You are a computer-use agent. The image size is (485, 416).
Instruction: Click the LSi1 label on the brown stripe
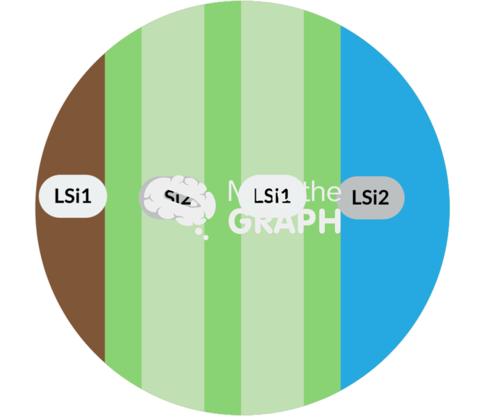tap(73, 197)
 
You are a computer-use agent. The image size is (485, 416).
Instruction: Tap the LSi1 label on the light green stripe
tap(272, 196)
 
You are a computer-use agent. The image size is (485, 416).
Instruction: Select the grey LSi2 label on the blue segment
tap(371, 198)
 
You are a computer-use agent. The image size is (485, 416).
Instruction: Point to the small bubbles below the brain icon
tap(202, 233)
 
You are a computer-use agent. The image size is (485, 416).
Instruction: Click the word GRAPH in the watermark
tap(285, 221)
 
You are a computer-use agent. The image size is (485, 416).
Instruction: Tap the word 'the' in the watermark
tap(323, 192)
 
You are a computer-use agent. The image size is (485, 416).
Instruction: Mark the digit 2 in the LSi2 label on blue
tap(383, 198)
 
